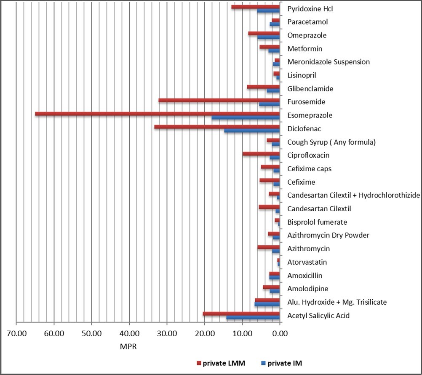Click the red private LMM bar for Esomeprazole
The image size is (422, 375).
pyautogui.click(x=157, y=114)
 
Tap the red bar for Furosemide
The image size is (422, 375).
pyautogui.click(x=219, y=100)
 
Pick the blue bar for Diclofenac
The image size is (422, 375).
pyautogui.click(x=252, y=131)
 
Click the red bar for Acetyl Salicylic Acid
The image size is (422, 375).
pyautogui.click(x=241, y=314)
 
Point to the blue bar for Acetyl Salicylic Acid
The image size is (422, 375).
pyautogui.click(x=253, y=318)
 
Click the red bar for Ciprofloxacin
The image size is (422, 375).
pyautogui.click(x=261, y=154)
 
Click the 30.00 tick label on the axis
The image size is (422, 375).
pyautogui.click(x=167, y=335)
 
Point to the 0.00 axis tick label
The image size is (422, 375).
pyautogui.click(x=280, y=335)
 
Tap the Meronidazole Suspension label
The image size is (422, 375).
pyautogui.click(x=329, y=62)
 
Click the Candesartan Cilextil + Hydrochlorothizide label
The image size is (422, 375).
pyautogui.click(x=353, y=195)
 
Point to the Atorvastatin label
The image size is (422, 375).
pyautogui.click(x=307, y=262)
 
